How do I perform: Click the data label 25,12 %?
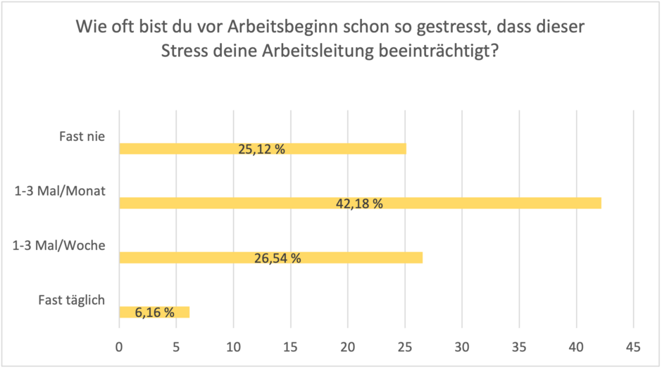[x=261, y=149]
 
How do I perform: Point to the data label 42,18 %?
[x=359, y=204]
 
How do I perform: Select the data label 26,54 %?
[x=277, y=258]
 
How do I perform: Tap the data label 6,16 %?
[x=155, y=312]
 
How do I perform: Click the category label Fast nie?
[x=82, y=137]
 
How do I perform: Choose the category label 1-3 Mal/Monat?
[x=59, y=191]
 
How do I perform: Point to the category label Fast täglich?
[x=71, y=300]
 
